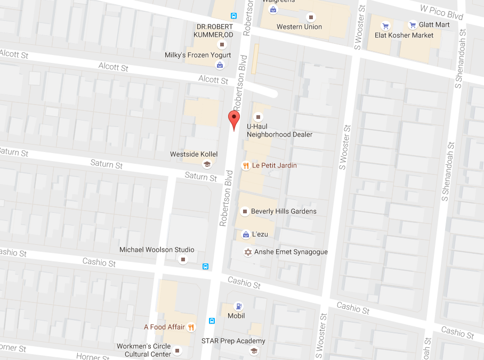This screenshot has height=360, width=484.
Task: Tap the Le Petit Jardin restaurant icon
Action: tap(246, 165)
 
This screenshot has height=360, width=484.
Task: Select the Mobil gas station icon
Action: tap(238, 306)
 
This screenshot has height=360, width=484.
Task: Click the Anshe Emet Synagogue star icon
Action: tap(247, 252)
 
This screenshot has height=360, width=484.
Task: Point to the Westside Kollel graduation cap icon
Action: tap(207, 164)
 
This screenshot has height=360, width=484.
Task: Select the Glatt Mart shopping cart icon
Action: tap(413, 25)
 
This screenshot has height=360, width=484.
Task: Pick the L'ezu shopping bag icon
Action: tap(246, 234)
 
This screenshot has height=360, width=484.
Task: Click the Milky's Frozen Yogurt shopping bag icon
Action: tap(220, 65)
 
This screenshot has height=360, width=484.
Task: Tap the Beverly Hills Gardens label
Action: tap(284, 211)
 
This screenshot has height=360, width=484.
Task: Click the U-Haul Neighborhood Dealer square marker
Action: tap(259, 117)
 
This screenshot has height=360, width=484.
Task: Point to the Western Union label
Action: tap(299, 27)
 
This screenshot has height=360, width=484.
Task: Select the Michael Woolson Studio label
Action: tap(157, 250)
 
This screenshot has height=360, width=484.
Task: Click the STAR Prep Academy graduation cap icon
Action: tap(254, 350)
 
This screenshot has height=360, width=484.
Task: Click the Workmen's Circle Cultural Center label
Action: tap(144, 350)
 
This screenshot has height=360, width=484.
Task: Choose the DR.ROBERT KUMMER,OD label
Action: tap(215, 31)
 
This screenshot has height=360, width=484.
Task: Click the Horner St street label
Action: tap(92, 356)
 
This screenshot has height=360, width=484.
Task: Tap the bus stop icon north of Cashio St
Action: tap(206, 266)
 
